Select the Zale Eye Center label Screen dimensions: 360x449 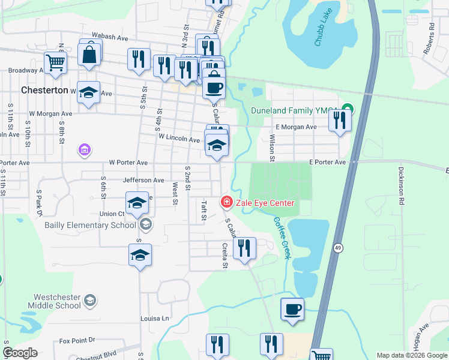(265, 203)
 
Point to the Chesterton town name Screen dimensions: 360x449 (44, 90)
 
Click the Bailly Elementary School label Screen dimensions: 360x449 (90, 226)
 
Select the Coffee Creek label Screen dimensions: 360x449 (282, 238)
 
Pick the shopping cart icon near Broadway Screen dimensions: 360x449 (55, 61)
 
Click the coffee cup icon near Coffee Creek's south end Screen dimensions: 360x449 (292, 310)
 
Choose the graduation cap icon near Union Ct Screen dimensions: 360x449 (137, 202)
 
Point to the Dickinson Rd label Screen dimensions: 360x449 (401, 186)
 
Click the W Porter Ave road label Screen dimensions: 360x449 (128, 163)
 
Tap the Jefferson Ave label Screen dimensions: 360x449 (143, 180)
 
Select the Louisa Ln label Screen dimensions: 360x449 (155, 318)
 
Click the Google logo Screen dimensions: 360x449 (21, 352)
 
